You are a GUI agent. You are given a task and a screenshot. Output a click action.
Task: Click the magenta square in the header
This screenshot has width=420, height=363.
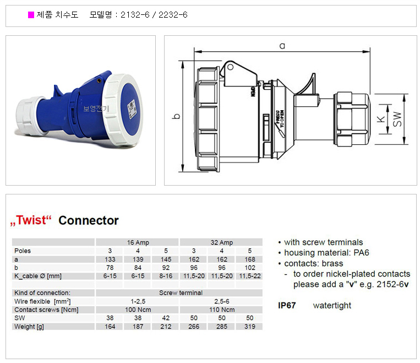(31, 15)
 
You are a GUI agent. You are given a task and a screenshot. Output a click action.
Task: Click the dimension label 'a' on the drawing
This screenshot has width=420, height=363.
(282, 46)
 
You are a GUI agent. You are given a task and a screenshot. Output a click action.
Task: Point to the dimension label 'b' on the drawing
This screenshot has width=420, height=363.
(177, 116)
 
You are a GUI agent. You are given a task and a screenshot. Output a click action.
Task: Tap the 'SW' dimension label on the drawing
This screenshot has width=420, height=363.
(397, 119)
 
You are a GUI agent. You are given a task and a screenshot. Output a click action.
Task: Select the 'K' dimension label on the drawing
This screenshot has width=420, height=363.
(380, 119)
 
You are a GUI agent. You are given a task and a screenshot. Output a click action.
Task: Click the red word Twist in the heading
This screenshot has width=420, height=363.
(31, 220)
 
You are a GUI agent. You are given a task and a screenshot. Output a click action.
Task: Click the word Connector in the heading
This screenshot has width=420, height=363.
(89, 220)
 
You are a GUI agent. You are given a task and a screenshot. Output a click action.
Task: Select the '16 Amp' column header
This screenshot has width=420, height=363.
(138, 242)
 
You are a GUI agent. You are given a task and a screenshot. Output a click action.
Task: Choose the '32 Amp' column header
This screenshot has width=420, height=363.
(221, 242)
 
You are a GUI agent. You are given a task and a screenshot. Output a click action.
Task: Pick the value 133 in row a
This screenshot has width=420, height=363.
(110, 259)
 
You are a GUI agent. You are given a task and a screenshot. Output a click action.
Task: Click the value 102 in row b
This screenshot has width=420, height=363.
(250, 268)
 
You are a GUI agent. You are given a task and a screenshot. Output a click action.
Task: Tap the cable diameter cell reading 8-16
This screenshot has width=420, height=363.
(166, 276)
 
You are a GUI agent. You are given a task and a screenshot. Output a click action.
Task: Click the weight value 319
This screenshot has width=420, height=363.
(250, 326)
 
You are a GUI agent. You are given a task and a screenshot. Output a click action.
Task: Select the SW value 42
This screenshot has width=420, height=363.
(166, 318)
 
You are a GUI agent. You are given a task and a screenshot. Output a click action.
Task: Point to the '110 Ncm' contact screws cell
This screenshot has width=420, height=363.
(222, 310)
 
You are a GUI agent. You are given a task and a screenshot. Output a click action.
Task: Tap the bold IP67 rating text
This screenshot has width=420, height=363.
(287, 305)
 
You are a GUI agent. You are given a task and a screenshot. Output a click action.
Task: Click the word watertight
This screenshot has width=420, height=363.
(332, 305)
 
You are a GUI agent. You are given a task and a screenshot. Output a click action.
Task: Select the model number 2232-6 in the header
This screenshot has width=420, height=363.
(173, 14)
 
